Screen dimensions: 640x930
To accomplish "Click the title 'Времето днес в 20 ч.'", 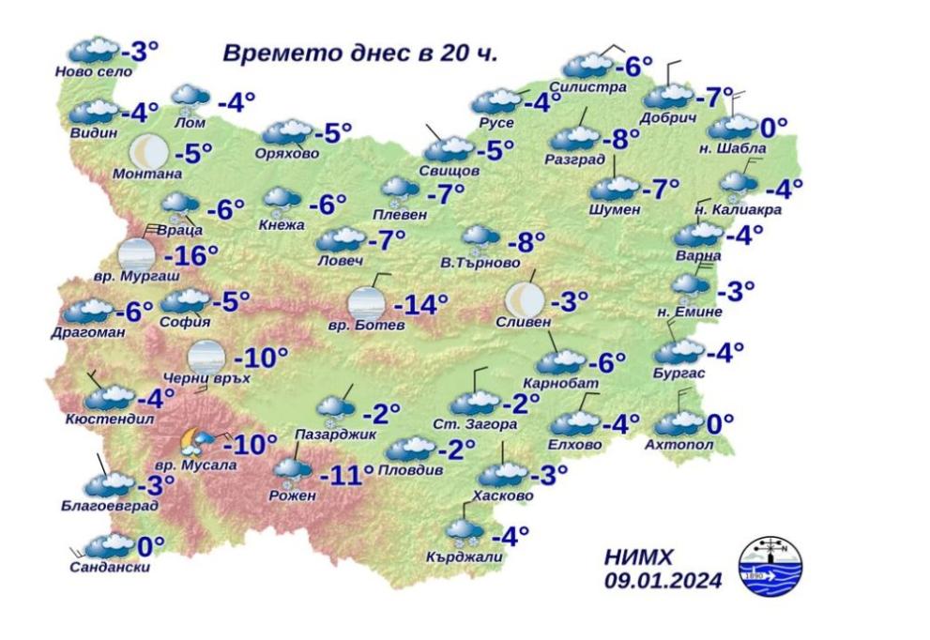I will pos(359,53).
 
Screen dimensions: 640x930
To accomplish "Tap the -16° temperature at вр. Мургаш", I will pos(191,255).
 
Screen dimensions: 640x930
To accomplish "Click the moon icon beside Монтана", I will pos(147,150).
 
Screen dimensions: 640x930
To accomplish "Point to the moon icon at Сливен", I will pos(524,300).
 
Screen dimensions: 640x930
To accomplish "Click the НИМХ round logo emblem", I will pos(770,566).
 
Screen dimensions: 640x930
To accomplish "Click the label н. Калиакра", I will pos(738,209).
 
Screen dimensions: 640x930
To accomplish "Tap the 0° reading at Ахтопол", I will pos(720,424).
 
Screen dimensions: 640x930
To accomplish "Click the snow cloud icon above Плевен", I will pos(399,191).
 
